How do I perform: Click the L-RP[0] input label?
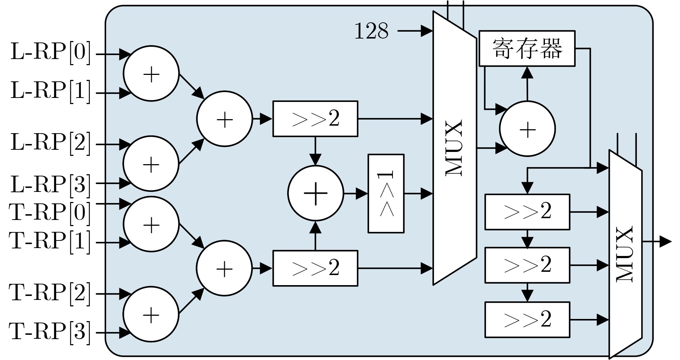50,52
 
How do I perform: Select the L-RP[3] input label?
50,184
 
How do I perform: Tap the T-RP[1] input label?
50,240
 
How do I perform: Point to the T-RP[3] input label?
50,331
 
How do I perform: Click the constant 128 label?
371,31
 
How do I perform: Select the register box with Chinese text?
527,48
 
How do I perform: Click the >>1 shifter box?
386,194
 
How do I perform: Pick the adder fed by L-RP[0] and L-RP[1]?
151,74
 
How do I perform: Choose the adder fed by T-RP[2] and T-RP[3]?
151,314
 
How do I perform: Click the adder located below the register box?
527,129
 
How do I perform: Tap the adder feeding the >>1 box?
316,193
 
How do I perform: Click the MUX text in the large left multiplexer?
454,148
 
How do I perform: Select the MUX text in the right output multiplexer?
625,254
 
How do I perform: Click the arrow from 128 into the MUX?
416,31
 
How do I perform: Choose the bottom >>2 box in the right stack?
527,320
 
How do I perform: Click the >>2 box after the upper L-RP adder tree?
315,119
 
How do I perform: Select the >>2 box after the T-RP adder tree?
315,268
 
